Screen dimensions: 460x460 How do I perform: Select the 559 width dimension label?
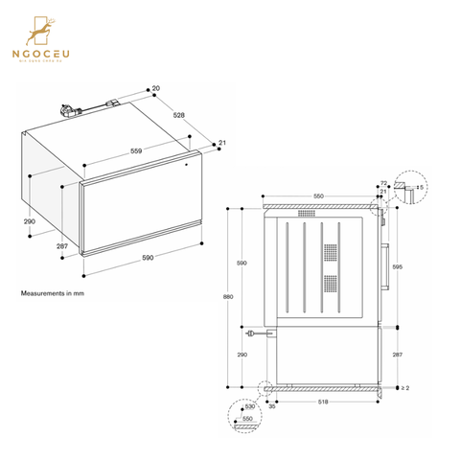(138, 150)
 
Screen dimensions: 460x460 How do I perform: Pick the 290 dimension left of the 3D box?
(29, 221)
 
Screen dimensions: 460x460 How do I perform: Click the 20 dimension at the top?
(156, 88)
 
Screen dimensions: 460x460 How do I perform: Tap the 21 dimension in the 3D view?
(221, 144)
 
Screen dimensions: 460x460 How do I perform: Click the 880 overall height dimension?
(227, 297)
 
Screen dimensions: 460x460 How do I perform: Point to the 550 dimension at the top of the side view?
(317, 195)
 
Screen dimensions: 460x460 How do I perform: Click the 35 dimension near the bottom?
(273, 405)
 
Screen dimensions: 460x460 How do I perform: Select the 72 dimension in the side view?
(382, 182)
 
